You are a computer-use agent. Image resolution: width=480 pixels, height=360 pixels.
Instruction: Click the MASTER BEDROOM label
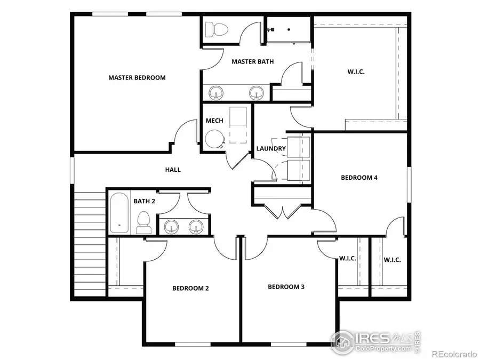[x=137, y=77]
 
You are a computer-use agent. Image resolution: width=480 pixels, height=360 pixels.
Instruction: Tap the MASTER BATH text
[x=252, y=61]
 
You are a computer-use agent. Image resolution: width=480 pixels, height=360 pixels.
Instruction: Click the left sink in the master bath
[x=217, y=92]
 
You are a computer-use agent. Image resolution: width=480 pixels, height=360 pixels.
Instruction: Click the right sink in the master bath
[x=257, y=92]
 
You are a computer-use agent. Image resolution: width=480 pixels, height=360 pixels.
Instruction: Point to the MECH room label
[x=214, y=121]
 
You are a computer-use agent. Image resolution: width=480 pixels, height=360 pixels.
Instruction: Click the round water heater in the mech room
[x=215, y=139]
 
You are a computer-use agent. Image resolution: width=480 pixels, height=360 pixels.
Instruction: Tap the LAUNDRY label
[x=271, y=148]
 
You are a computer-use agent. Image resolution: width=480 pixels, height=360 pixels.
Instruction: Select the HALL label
[x=172, y=170]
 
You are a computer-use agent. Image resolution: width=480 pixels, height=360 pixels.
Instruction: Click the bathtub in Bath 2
[x=119, y=213]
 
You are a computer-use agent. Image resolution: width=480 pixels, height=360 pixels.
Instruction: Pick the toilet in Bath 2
[x=143, y=223]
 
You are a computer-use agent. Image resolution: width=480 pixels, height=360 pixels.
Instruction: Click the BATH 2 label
[x=144, y=201]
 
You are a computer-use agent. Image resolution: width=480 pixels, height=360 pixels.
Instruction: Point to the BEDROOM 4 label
[x=359, y=178]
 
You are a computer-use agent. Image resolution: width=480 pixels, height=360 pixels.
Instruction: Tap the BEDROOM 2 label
[x=190, y=288]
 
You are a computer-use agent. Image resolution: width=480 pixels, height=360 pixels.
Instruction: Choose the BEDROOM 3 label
[x=286, y=286]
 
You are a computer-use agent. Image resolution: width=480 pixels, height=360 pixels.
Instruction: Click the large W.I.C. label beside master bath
[x=356, y=71]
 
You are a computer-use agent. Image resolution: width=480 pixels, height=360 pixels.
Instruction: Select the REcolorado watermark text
[x=453, y=354]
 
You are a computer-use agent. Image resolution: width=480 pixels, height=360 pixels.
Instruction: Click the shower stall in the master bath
[x=287, y=28]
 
